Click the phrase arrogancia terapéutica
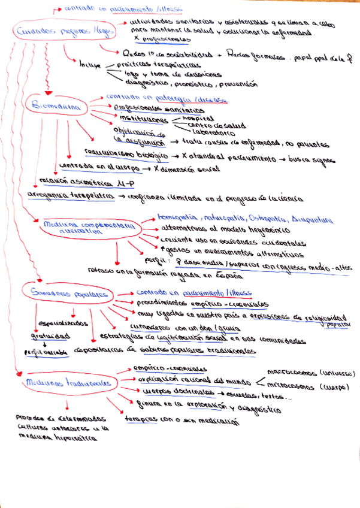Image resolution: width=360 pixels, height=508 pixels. coord(71,196)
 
